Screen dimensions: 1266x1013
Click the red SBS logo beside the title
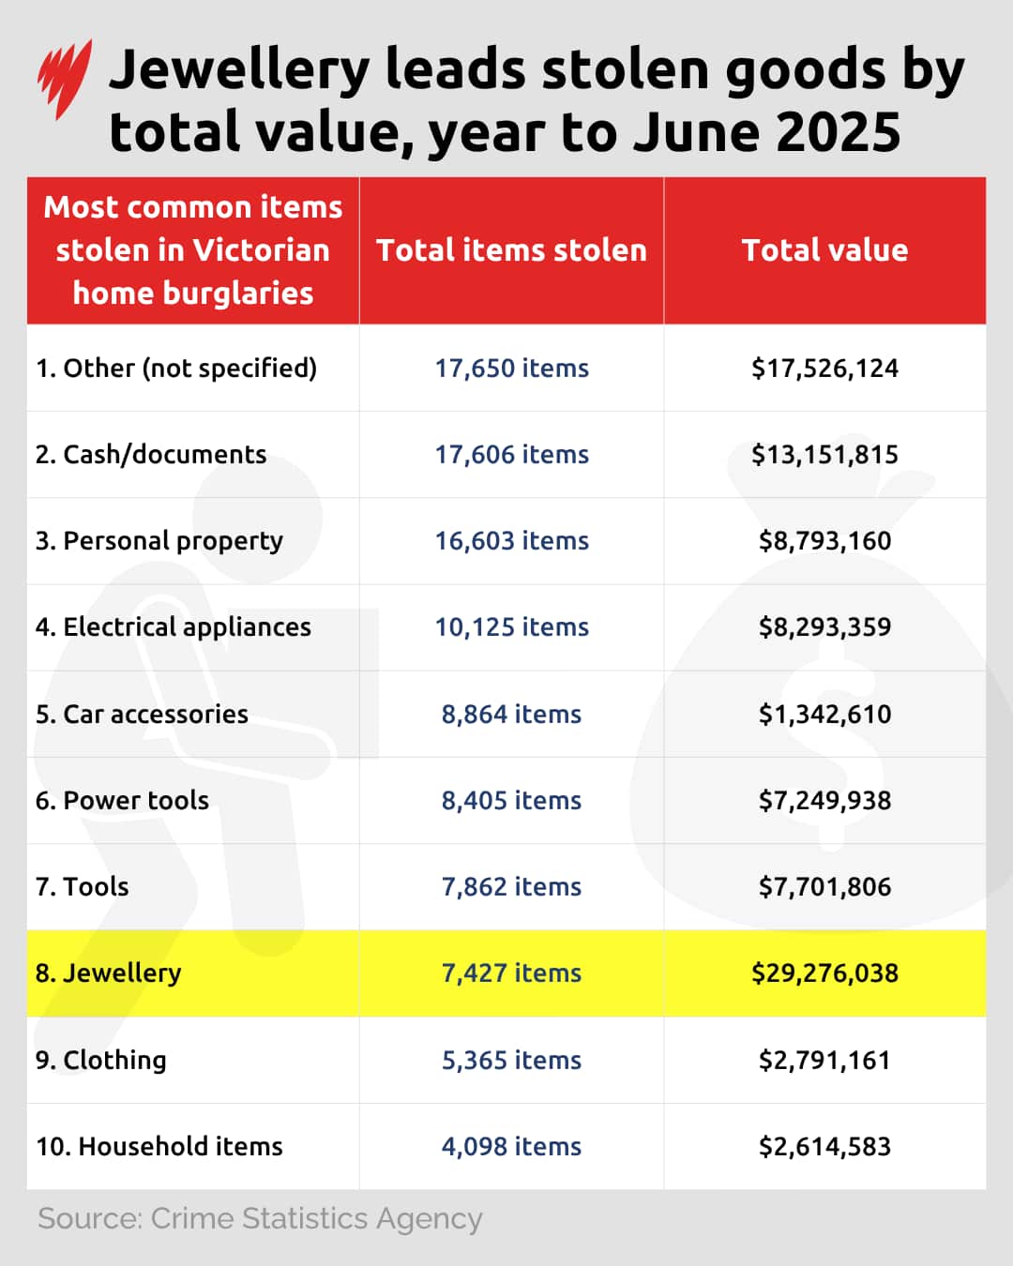(64, 79)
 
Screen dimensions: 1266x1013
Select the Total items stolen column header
(511, 250)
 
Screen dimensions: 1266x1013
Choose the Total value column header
(824, 250)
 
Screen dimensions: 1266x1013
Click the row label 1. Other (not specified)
(176, 369)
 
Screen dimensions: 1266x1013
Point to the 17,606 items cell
(511, 455)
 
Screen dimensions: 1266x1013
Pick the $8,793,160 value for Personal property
(824, 541)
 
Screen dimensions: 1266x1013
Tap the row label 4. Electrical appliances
(174, 627)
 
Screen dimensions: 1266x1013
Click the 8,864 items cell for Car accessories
(511, 715)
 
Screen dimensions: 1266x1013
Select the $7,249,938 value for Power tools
(824, 801)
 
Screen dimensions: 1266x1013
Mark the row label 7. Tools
(83, 887)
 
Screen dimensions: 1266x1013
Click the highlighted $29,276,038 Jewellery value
(824, 973)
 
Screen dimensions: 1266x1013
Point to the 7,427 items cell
(511, 973)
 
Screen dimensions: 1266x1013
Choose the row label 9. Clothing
(101, 1061)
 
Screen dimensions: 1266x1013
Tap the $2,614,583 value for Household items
(824, 1147)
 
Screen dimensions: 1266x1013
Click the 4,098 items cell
(511, 1147)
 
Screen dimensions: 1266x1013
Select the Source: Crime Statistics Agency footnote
(260, 1219)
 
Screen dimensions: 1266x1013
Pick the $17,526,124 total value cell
(824, 369)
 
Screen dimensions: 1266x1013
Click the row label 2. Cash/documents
(151, 455)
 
